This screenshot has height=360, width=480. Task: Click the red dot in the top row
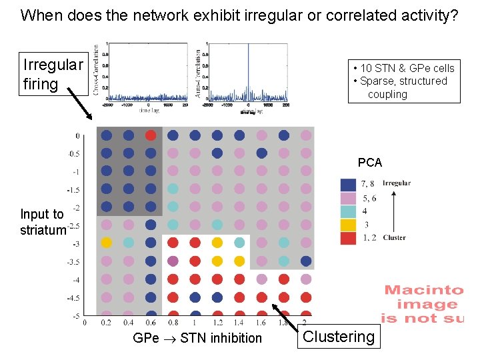point(151,135)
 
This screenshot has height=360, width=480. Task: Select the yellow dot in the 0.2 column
point(107,242)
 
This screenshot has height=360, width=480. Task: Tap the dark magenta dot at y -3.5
point(173,260)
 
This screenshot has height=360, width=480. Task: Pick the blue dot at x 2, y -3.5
point(306,260)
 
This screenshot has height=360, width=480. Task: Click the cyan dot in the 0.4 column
point(129,242)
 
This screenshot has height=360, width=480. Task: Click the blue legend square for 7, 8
point(348,184)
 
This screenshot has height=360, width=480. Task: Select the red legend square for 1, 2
point(348,238)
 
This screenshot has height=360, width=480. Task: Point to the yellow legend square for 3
point(348,225)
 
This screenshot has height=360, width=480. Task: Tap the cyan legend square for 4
point(348,211)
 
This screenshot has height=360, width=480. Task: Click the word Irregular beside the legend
point(397,183)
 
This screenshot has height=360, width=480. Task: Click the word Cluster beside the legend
point(395,237)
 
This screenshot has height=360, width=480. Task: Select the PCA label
point(369,163)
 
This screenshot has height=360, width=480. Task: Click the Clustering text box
point(339,337)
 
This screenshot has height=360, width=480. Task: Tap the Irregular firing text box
point(53,74)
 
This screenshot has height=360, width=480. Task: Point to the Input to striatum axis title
point(43,222)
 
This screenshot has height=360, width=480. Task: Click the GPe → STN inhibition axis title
point(197,338)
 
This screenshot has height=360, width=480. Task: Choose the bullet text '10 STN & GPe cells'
point(403,68)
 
